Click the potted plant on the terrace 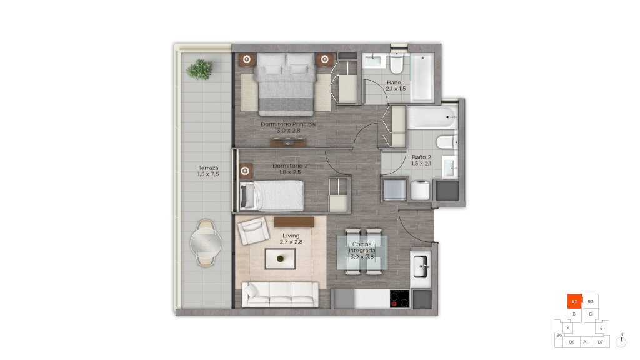(199, 69)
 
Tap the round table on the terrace (206, 243)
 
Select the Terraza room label (208, 171)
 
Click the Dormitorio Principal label (289, 127)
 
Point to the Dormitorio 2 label (290, 169)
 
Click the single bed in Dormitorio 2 (272, 196)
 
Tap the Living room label (291, 238)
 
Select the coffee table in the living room (281, 259)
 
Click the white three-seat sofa (281, 294)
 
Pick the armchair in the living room (254, 231)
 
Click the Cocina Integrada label (362, 250)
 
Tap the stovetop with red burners (399, 298)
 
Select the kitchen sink (421, 266)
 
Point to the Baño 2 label (421, 160)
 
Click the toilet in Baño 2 (447, 142)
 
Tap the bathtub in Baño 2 (432, 117)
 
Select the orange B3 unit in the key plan (574, 301)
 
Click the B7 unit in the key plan (600, 342)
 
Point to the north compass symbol (621, 341)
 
